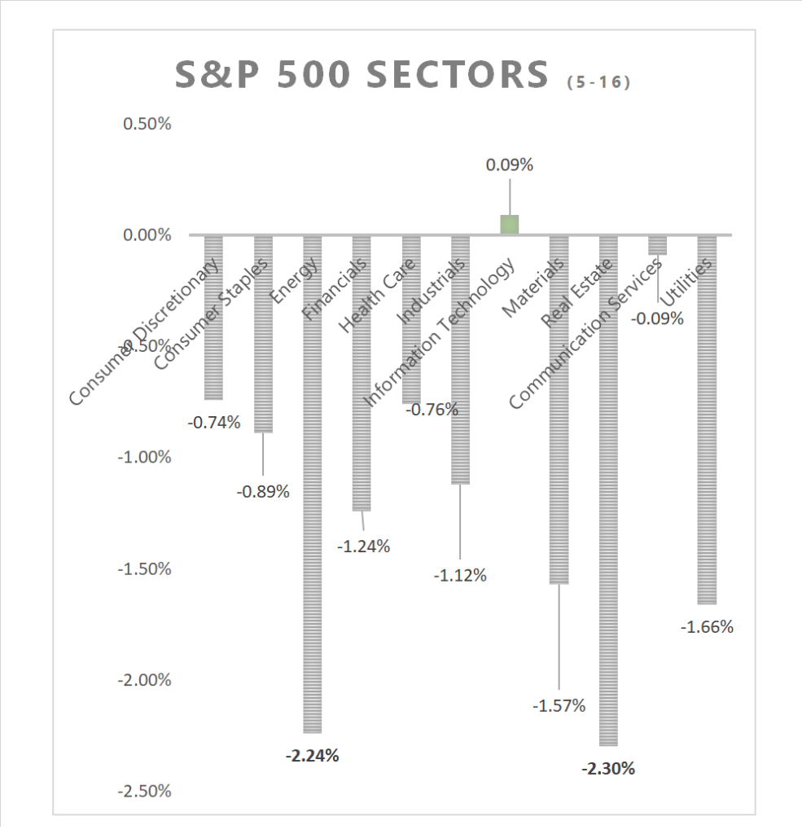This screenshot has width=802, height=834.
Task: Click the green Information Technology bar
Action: click(x=510, y=225)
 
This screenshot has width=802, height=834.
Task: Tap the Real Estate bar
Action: click(x=608, y=529)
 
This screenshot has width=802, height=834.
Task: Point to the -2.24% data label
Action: click(x=312, y=755)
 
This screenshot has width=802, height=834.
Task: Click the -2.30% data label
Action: click(x=608, y=768)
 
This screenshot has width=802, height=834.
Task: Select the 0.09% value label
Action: click(x=510, y=165)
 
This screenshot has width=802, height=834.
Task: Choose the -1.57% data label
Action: click(x=559, y=706)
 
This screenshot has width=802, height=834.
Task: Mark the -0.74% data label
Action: click(x=214, y=422)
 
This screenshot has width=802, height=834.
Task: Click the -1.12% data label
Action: click(x=460, y=576)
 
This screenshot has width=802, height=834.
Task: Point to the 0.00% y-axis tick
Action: click(x=147, y=235)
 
